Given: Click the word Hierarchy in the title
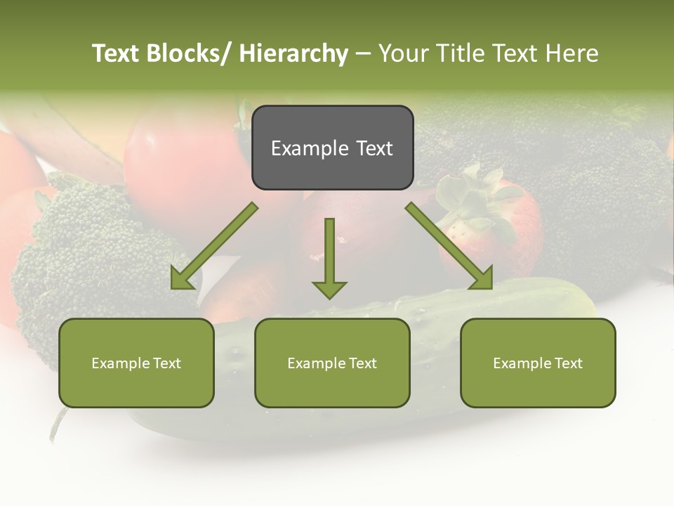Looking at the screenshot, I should (x=293, y=54).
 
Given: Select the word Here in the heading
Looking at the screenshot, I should (x=572, y=54).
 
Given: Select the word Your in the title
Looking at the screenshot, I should (x=404, y=54).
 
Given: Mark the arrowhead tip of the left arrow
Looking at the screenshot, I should (x=172, y=288).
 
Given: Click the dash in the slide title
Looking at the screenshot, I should (x=363, y=54).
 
